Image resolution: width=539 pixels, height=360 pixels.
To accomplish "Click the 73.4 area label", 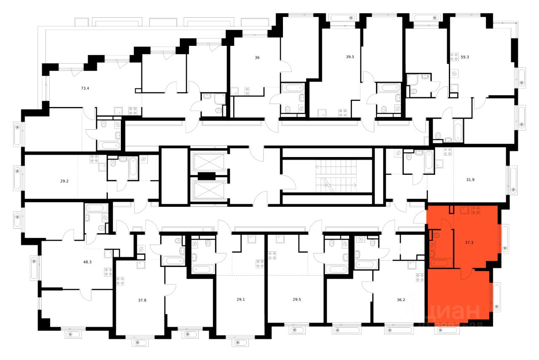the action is coord(85,88).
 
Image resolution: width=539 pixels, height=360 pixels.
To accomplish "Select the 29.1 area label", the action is coord(241,300).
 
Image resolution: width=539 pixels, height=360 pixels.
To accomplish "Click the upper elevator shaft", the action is coord(209,161).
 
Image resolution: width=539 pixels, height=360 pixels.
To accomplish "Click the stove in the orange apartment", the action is coord(476,210).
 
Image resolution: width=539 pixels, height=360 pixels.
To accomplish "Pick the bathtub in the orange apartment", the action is coord(440,263).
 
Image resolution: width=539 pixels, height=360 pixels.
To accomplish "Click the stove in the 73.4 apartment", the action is coord(133,111).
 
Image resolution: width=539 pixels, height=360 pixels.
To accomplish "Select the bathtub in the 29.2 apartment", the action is coord(133,167).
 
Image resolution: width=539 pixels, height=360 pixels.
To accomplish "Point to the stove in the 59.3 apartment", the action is coord(454,57).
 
